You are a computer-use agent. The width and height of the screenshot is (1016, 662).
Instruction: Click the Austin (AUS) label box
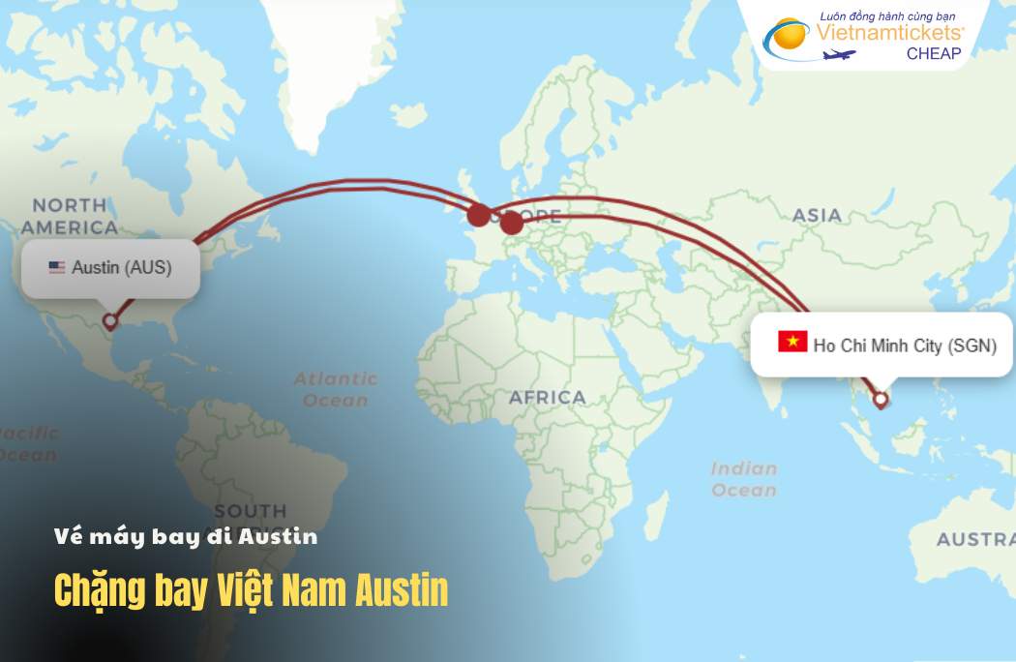click(x=110, y=267)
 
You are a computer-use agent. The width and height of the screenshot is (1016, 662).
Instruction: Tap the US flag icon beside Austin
click(x=57, y=267)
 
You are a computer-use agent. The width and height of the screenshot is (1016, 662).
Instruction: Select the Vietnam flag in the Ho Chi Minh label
click(x=792, y=342)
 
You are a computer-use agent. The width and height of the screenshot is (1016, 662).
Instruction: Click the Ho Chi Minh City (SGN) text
click(x=905, y=346)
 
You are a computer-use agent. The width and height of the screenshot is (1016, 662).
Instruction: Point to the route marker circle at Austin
click(x=110, y=320)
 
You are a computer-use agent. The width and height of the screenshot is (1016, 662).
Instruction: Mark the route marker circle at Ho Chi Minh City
click(x=881, y=399)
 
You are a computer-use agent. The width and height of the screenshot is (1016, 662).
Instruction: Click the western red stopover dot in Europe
click(x=478, y=215)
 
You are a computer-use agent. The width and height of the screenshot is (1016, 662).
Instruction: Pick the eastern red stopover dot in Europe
click(x=511, y=224)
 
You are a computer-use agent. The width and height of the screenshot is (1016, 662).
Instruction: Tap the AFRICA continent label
click(x=548, y=397)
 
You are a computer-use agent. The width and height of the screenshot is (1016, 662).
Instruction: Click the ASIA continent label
click(x=817, y=215)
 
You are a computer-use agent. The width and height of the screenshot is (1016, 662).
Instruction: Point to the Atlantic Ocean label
click(x=336, y=389)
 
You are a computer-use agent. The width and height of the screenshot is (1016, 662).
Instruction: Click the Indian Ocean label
click(x=744, y=479)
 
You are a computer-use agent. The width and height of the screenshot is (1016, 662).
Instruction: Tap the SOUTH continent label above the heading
click(x=251, y=510)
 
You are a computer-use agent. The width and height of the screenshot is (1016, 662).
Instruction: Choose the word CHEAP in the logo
click(x=934, y=54)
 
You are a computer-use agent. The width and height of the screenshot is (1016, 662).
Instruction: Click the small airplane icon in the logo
click(x=839, y=54)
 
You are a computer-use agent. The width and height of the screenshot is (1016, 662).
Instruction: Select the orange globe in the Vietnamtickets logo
click(x=789, y=36)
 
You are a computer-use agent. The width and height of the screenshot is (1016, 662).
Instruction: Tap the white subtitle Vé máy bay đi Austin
click(x=186, y=536)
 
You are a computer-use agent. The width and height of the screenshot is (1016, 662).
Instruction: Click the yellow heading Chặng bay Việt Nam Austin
click(x=251, y=590)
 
